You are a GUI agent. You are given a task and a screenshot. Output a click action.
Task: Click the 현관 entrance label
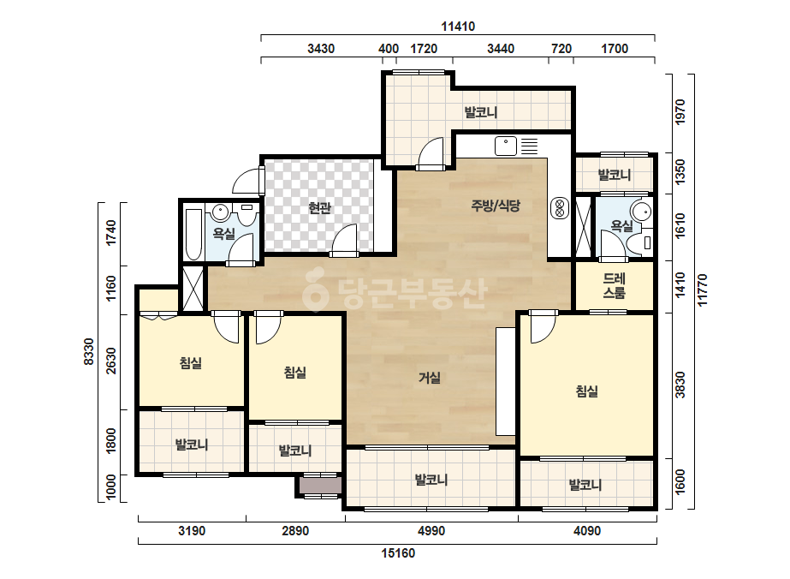coord(319,207)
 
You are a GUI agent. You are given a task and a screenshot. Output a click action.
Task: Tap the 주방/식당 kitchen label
coord(496,206)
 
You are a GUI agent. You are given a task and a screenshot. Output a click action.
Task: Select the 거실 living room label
coord(430,377)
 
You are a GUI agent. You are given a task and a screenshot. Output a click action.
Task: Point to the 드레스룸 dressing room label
coord(615,285)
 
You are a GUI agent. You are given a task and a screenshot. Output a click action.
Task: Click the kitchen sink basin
coord(505,146)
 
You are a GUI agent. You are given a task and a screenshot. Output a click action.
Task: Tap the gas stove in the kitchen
coord(559,208)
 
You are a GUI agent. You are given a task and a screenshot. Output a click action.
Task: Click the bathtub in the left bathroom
coord(194,234)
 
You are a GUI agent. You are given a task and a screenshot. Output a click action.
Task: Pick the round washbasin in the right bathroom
coord(641,212)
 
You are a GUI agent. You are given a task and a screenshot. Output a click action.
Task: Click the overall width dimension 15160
coord(398,553)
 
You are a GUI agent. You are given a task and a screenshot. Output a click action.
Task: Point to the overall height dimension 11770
coord(703,290)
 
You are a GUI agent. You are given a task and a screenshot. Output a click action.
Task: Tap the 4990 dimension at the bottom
coord(431,531)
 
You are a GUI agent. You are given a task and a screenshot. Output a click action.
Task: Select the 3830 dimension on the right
coord(680,385)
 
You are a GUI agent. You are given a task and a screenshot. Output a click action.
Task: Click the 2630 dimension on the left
coord(111,361)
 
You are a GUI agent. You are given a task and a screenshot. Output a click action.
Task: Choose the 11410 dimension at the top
coord(458,27)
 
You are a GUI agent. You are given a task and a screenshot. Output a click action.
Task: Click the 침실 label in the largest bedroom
coord(587,391)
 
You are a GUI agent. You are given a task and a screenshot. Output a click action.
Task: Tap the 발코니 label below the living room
coord(431,480)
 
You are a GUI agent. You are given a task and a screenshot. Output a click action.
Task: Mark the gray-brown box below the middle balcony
coord(320,486)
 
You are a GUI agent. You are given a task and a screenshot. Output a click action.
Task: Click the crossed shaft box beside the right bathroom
coord(583,227)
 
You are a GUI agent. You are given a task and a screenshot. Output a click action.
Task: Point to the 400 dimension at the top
coord(389,49)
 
